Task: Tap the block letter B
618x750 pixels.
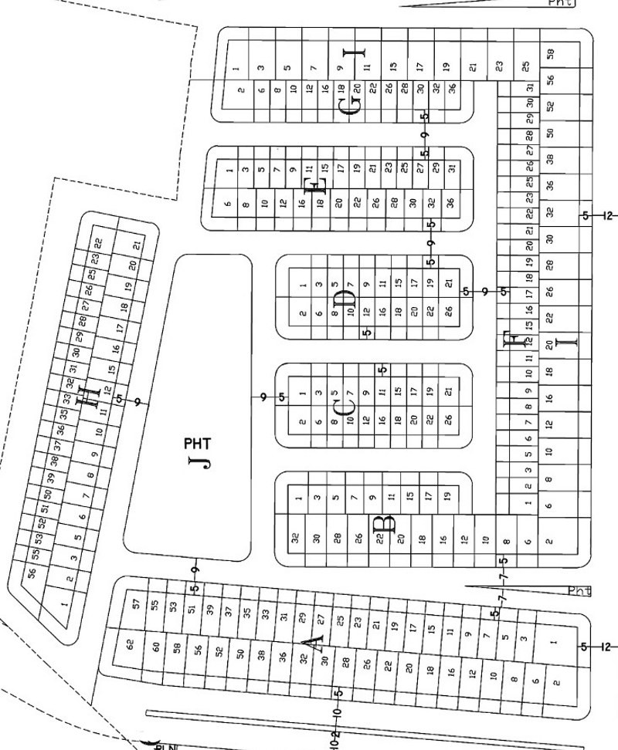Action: [384, 525]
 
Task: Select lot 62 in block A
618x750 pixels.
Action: [131, 644]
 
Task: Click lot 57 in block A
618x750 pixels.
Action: [137, 604]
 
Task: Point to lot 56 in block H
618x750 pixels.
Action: [32, 573]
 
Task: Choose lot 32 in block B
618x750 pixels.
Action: [295, 539]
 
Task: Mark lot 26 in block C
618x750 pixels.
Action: [449, 420]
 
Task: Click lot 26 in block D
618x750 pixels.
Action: [449, 312]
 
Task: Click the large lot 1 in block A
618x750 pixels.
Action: [553, 641]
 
